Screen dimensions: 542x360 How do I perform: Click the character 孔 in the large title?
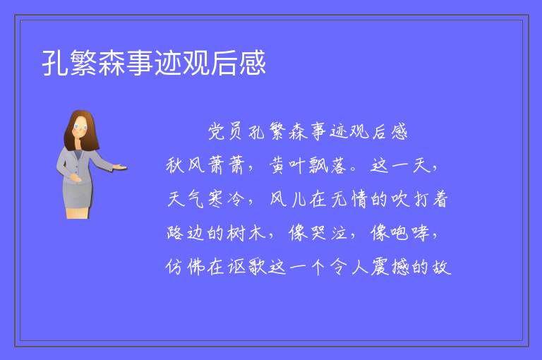tap(55, 63)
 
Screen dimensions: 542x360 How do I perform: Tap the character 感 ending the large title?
tap(253, 63)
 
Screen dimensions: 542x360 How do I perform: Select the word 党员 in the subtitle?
tap(224, 132)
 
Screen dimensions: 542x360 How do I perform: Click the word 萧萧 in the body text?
tap(226, 165)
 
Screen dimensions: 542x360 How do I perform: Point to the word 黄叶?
tap(287, 165)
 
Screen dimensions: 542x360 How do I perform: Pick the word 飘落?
tap(327, 165)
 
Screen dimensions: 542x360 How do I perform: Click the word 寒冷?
tap(226, 199)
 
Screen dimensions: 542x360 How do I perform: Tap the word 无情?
tap(349, 199)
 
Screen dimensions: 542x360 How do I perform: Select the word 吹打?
tap(409, 199)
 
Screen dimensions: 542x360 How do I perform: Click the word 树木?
tap(246, 233)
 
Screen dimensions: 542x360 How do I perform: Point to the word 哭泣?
tap(328, 233)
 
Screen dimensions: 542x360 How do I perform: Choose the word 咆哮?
tap(409, 233)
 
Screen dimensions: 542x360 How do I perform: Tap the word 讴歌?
tap(247, 267)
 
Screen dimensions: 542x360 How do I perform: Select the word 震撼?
tap(390, 267)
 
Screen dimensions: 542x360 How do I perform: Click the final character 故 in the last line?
tap(442, 267)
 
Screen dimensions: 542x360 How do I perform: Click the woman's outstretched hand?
tap(120, 168)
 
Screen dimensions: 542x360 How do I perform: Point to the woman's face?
tap(80, 126)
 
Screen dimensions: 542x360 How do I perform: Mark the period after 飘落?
tap(354, 169)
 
